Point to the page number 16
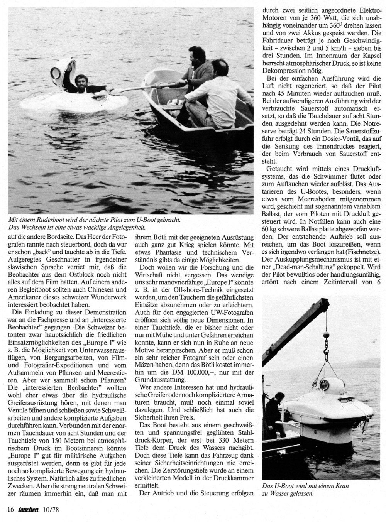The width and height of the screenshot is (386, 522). [x=10, y=509]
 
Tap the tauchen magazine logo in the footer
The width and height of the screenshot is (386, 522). [x=30, y=509]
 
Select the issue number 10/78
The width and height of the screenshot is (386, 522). [x=51, y=509]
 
